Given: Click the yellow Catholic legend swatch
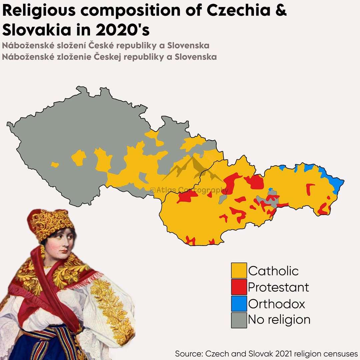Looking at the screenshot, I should tap(239, 271).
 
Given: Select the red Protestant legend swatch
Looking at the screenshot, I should tap(239, 287).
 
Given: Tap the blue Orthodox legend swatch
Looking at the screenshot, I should tap(239, 304).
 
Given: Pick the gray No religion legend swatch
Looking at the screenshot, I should tap(239, 320).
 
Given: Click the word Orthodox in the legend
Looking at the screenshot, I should tap(276, 304).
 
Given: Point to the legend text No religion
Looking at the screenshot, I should tap(279, 320).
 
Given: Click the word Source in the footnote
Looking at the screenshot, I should tap(188, 353).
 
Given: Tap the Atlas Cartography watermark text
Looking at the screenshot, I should tap(189, 190).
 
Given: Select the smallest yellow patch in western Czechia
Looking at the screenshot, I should tap(55, 165).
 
